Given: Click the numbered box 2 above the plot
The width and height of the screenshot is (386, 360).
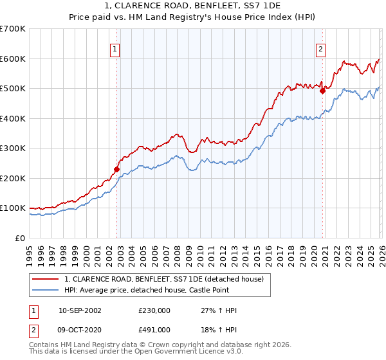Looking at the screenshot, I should click(x=320, y=48).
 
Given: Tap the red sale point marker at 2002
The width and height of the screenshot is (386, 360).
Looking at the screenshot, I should click(x=116, y=170).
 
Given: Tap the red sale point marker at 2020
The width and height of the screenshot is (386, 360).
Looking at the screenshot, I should click(x=323, y=91).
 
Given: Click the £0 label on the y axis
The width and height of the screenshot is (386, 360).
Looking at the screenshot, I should click(x=20, y=239).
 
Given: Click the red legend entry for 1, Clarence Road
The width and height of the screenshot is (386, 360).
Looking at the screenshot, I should click(x=164, y=279).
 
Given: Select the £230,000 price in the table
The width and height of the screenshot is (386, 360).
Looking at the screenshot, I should click(x=154, y=310).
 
